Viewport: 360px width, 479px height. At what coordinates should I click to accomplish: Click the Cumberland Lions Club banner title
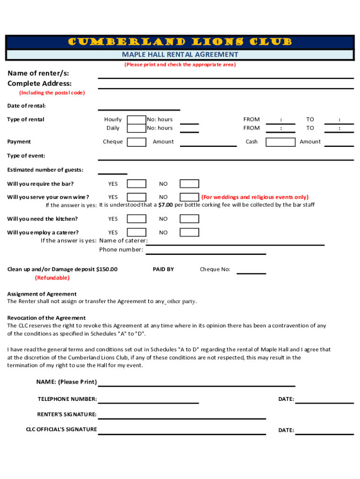180,42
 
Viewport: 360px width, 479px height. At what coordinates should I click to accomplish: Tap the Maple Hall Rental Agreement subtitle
180,55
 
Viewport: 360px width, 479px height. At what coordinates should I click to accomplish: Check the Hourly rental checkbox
137,120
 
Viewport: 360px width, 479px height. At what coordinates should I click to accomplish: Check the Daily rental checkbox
137,128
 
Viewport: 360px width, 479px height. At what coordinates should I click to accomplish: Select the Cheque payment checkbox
137,142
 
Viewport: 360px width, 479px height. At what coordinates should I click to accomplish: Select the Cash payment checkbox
281,142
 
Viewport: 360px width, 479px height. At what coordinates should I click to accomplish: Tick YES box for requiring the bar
137,184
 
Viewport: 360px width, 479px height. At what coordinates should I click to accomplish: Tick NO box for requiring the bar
189,184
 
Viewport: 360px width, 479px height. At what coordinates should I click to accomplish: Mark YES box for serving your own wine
137,197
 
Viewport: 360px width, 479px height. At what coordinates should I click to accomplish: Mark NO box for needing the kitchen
189,219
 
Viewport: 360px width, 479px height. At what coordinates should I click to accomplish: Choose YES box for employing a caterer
137,232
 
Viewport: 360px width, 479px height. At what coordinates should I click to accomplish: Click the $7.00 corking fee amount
166,205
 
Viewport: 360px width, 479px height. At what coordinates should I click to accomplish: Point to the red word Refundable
52,278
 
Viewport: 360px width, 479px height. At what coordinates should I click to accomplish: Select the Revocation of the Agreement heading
46,318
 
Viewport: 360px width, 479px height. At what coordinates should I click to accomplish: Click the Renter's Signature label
67,414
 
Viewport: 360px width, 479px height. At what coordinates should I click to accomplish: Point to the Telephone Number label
67,399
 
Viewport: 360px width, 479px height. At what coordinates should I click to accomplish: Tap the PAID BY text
163,269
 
